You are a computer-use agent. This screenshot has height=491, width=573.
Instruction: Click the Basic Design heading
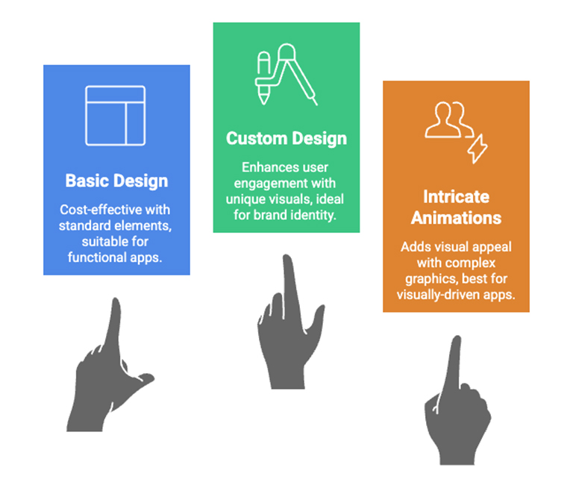pyautogui.click(x=116, y=181)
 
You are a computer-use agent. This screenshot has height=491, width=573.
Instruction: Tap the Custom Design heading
pyautogui.click(x=286, y=139)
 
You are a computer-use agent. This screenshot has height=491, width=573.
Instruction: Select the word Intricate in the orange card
pyautogui.click(x=456, y=197)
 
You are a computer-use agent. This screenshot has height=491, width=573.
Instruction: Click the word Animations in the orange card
pyautogui.click(x=456, y=218)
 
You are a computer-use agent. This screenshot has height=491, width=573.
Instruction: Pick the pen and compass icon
pyautogui.click(x=286, y=75)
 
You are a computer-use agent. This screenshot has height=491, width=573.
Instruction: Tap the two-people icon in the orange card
pyautogui.click(x=449, y=120)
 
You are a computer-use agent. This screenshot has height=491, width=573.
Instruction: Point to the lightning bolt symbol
pyautogui.click(x=477, y=148)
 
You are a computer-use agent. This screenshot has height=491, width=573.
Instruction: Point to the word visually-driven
pyautogui.click(x=438, y=295)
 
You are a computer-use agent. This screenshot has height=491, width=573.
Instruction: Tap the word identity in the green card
pyautogui.click(x=317, y=215)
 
